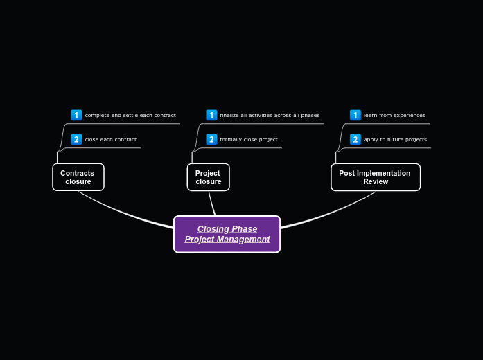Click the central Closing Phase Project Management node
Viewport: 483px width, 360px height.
[227, 234]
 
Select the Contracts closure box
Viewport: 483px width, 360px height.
[78, 177]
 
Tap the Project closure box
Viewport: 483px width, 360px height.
[208, 177]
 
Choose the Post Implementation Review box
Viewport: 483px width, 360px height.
[375, 177]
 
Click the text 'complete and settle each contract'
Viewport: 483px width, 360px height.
[130, 116]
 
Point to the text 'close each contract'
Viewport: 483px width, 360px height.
[111, 140]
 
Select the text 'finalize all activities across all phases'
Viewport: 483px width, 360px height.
[270, 116]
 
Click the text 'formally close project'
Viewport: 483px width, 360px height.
[249, 140]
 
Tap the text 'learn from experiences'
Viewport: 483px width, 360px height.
[394, 116]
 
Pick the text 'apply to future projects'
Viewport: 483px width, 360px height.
[395, 140]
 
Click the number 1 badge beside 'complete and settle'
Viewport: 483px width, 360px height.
[76, 115]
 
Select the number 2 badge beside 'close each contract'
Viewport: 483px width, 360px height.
[76, 139]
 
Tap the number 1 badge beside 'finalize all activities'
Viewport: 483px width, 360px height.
[211, 115]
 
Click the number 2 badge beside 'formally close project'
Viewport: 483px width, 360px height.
[211, 139]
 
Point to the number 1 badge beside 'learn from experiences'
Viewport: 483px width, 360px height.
[355, 115]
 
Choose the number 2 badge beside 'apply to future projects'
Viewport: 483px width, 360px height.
[355, 139]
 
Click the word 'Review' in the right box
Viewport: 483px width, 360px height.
[376, 182]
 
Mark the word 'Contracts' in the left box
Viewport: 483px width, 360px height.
[77, 173]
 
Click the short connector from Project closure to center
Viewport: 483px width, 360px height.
[212, 204]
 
